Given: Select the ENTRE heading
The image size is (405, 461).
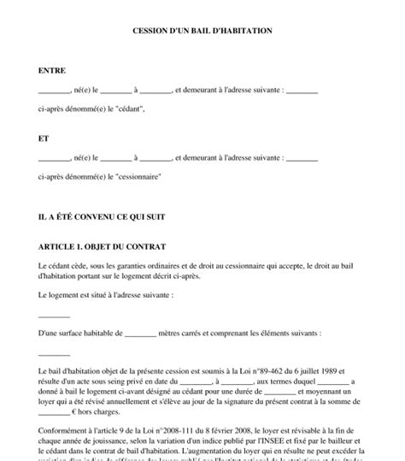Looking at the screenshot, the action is [52, 70].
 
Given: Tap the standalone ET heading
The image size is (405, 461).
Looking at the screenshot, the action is [44, 137].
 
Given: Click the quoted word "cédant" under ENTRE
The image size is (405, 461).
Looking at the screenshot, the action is [118, 109].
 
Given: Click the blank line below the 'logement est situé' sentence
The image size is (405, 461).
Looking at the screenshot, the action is [55, 316].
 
